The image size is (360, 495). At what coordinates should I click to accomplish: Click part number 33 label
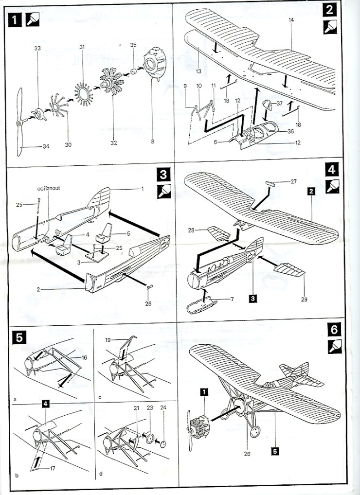(x=37, y=49)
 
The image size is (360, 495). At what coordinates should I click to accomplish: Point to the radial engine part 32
(x=111, y=86)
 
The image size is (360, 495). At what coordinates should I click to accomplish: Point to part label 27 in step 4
(x=293, y=182)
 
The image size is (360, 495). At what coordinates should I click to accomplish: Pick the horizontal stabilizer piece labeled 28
(x=219, y=234)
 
